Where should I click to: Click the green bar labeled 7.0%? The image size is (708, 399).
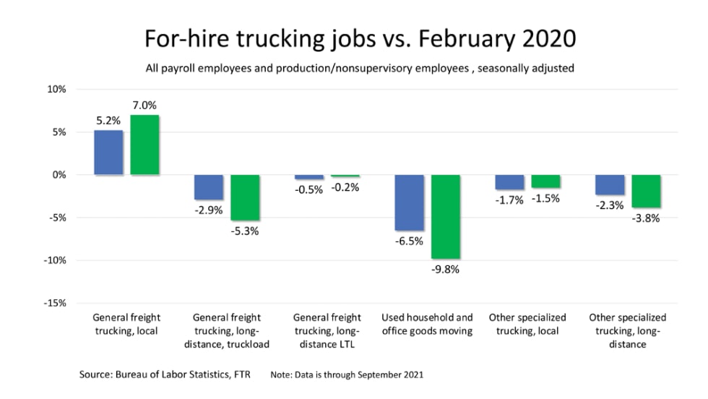144,145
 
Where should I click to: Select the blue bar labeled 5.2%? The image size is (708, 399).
108,153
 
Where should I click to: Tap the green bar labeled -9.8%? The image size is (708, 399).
445,216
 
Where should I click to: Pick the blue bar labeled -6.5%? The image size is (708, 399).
409,202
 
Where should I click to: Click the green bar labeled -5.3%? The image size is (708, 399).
245,197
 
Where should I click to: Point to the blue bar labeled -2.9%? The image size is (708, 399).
209,187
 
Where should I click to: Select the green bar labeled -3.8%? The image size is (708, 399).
646,191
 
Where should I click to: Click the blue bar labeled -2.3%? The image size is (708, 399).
610,184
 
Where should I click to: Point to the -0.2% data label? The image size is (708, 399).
345,187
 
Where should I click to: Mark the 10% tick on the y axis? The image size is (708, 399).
56,90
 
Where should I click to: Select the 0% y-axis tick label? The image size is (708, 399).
58,175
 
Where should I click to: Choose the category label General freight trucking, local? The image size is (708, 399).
126,324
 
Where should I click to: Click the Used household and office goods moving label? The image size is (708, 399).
427,324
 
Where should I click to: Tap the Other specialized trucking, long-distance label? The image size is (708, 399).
627,330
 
